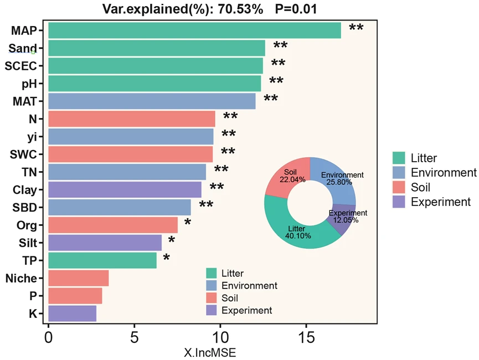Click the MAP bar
tap(194, 30)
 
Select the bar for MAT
tap(152, 101)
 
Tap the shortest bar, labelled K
tap(73, 313)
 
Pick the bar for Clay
tap(125, 190)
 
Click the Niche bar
tap(79, 278)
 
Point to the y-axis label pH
tap(29, 84)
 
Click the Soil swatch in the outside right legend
tap(398, 187)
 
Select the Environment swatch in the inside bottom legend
tap(211, 286)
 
